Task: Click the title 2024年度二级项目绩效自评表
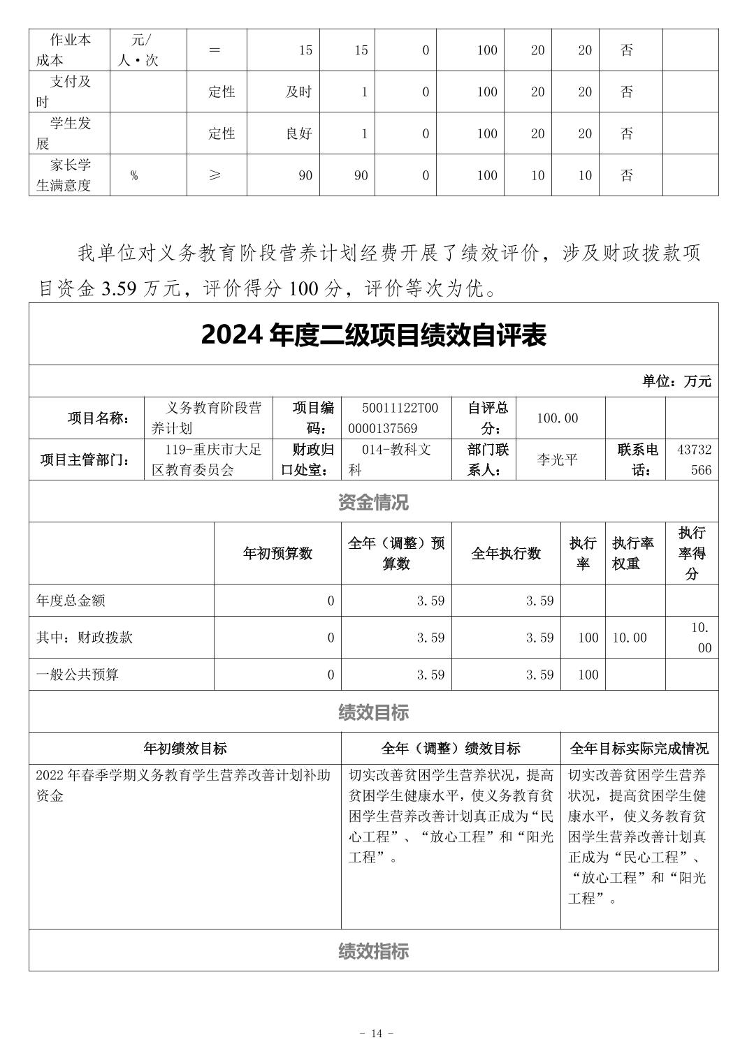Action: pyautogui.click(x=373, y=335)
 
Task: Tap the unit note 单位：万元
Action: pyautogui.click(x=676, y=381)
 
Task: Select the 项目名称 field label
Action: pyautogui.click(x=98, y=418)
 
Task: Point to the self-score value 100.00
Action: pyautogui.click(x=557, y=418)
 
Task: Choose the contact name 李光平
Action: pyautogui.click(x=557, y=460)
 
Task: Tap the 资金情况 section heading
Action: pyautogui.click(x=373, y=502)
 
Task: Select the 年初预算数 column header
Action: pyautogui.click(x=277, y=553)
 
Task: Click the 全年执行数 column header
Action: pyautogui.click(x=506, y=553)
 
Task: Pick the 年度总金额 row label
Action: pyautogui.click(x=71, y=601)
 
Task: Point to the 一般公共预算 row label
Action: pyautogui.click(x=78, y=675)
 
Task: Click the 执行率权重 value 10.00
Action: pyautogui.click(x=630, y=638)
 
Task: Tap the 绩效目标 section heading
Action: pyautogui.click(x=373, y=712)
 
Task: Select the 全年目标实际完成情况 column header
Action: pyautogui.click(x=639, y=749)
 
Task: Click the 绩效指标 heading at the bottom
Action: pyautogui.click(x=373, y=951)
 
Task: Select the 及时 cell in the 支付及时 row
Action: pyautogui.click(x=298, y=92)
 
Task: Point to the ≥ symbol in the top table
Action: pyautogui.click(x=215, y=175)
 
